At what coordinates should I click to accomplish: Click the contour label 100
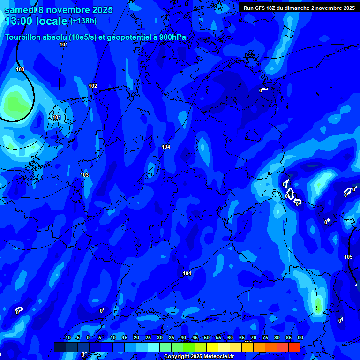[20, 69]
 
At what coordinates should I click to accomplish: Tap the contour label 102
[93, 86]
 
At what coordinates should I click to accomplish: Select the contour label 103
[84, 175]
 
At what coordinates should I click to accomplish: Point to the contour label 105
[348, 257]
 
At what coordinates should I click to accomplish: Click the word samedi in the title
[21, 10]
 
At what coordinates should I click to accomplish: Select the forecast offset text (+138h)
[84, 21]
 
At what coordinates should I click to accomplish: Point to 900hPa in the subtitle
[172, 37]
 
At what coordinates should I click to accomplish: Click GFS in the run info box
[261, 8]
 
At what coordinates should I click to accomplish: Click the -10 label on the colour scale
[67, 338]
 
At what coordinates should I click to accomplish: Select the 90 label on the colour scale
[300, 338]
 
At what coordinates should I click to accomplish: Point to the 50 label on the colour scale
[207, 338]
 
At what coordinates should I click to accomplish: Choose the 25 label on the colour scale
[148, 338]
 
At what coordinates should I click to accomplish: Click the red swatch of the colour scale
[294, 347]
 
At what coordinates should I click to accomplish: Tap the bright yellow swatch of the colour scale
[212, 347]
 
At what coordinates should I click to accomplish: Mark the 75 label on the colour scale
[265, 338]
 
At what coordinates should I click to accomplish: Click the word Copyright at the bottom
[177, 357]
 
